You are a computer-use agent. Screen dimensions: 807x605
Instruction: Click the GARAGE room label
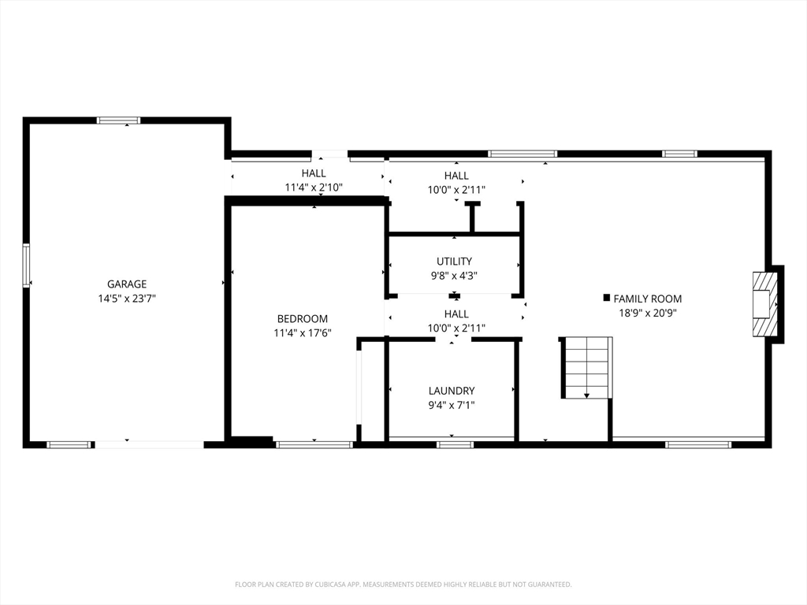[127, 284]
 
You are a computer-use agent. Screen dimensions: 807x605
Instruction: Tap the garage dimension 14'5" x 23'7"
[127, 299]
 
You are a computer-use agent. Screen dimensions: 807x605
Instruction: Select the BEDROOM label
[303, 319]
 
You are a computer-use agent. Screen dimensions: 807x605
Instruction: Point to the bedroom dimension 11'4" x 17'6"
[303, 333]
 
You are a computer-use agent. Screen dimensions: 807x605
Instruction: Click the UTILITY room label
[455, 262]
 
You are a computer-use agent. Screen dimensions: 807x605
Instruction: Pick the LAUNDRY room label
[452, 391]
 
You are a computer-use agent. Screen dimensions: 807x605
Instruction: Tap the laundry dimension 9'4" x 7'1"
[452, 406]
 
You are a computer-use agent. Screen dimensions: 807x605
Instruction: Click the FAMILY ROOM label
[648, 299]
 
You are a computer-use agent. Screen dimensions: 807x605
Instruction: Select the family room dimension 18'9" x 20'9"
[648, 313]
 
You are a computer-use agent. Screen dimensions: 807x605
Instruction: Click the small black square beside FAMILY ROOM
[607, 298]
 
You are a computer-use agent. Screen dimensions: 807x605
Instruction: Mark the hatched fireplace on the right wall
[764, 305]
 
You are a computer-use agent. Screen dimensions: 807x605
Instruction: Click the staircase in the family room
[586, 367]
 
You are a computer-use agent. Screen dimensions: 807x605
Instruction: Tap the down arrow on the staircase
[586, 395]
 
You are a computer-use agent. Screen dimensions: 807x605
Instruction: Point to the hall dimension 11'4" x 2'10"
[314, 187]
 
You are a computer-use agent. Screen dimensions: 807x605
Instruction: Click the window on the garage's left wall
[26, 265]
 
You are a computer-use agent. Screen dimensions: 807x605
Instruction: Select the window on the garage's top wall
[119, 121]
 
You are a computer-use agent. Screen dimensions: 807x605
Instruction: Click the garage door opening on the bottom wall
[149, 444]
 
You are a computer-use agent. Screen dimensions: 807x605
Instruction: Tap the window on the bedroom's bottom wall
[314, 445]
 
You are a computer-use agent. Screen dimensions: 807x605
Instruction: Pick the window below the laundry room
[456, 445]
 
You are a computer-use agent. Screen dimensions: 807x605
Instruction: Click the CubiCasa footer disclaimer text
[403, 585]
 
